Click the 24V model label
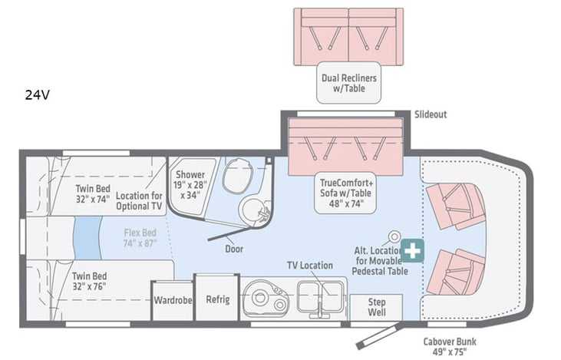coord(37,96)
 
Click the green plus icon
coord(414,250)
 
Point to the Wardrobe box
coord(172,299)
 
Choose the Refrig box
coord(217,299)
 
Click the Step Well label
coord(377,307)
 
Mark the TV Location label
coord(310,266)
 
